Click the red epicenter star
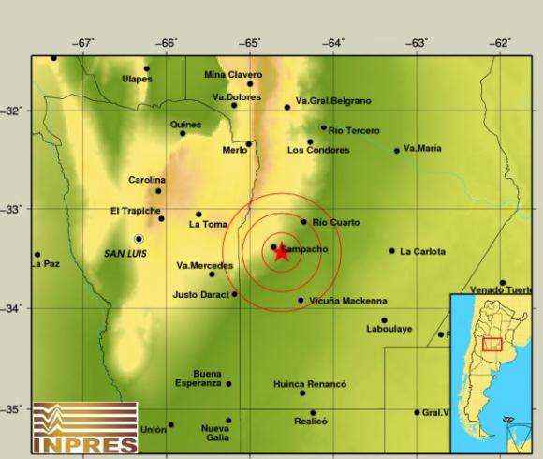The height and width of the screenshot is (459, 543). tap(281, 252)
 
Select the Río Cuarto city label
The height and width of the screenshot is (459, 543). tap(334, 222)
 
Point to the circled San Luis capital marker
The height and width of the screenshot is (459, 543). tap(139, 239)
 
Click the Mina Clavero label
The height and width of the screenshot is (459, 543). tap(233, 74)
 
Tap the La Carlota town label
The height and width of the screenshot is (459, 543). tap(423, 251)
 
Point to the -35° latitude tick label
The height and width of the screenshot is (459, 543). tap(14, 409)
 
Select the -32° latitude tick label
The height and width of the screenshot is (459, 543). tap(14, 111)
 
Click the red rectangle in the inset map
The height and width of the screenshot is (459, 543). tap(492, 344)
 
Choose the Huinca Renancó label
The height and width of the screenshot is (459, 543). tap(310, 384)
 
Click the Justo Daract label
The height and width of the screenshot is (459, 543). tap(200, 294)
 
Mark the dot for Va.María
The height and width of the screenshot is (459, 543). tap(396, 150)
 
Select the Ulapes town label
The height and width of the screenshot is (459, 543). tap(137, 79)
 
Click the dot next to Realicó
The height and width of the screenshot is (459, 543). tap(313, 412)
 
